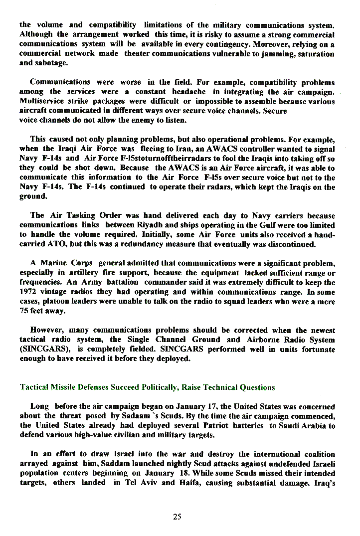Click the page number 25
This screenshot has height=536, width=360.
(177, 517)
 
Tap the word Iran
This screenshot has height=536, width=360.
(175, 149)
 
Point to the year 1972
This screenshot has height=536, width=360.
(28, 292)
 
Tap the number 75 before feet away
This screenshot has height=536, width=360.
(24, 311)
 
